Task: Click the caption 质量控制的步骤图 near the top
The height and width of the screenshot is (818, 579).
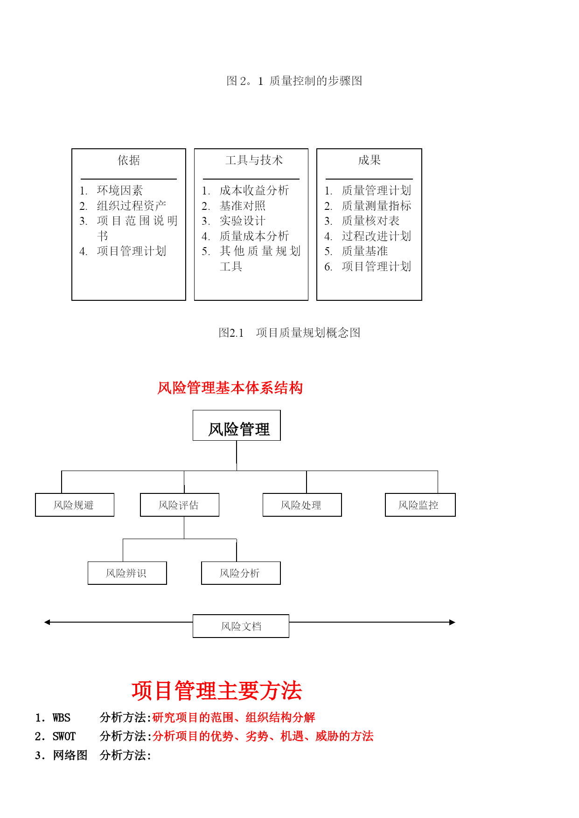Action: click(x=316, y=81)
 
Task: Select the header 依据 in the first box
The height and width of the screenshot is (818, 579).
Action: click(x=129, y=160)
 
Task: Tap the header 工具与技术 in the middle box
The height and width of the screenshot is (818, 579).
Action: click(x=254, y=160)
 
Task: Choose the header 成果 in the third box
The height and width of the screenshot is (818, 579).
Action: click(x=370, y=160)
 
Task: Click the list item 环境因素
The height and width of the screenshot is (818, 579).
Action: click(x=120, y=190)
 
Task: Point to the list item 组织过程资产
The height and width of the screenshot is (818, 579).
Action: click(x=132, y=206)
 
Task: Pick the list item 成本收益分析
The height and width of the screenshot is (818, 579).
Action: click(x=254, y=190)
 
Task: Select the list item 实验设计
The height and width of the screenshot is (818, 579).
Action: click(x=243, y=221)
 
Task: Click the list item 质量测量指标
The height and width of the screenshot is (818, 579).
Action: click(x=377, y=206)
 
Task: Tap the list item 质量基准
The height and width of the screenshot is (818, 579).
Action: click(x=365, y=251)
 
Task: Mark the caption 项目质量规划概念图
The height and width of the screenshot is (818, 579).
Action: click(x=308, y=333)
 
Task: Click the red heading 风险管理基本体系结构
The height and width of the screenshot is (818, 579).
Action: click(x=230, y=388)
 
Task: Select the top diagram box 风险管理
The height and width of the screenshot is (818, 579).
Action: click(x=237, y=425)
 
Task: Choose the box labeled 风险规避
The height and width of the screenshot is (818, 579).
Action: click(x=75, y=505)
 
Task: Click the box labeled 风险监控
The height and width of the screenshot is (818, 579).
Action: click(x=420, y=505)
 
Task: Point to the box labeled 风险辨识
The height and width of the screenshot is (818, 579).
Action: click(x=127, y=573)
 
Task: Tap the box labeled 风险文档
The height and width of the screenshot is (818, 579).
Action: click(x=241, y=626)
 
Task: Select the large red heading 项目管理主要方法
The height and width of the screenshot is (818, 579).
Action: click(x=217, y=691)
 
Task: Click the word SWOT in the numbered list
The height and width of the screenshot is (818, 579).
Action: click(x=64, y=736)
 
